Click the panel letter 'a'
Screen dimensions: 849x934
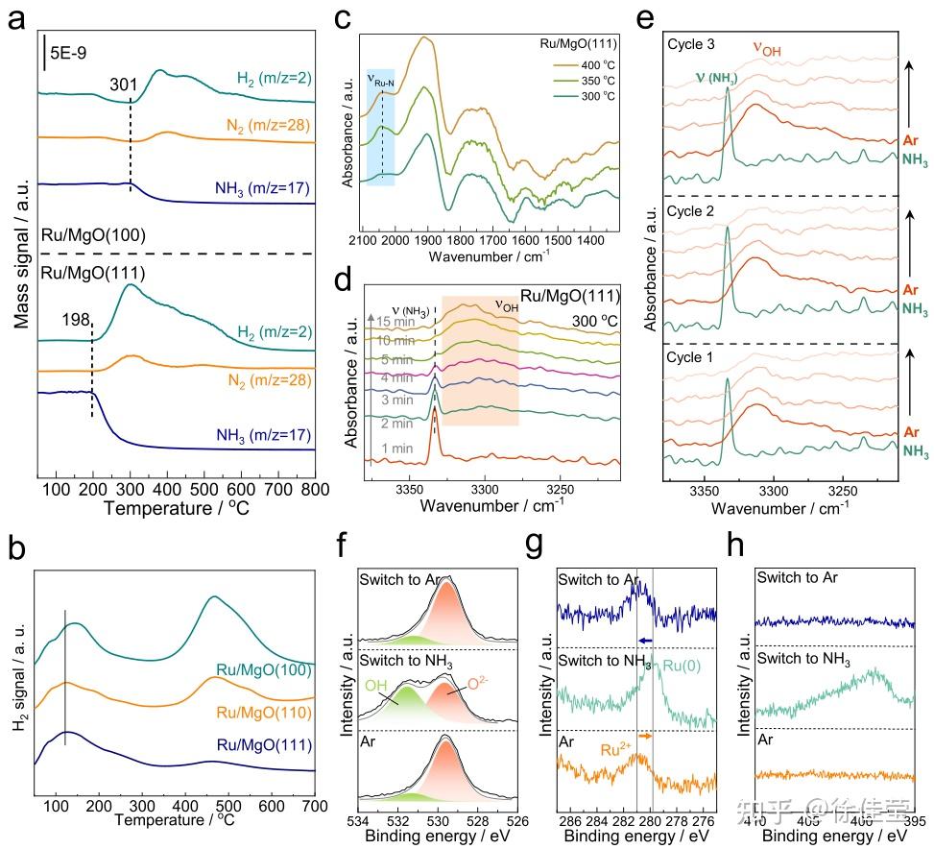[16, 21]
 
